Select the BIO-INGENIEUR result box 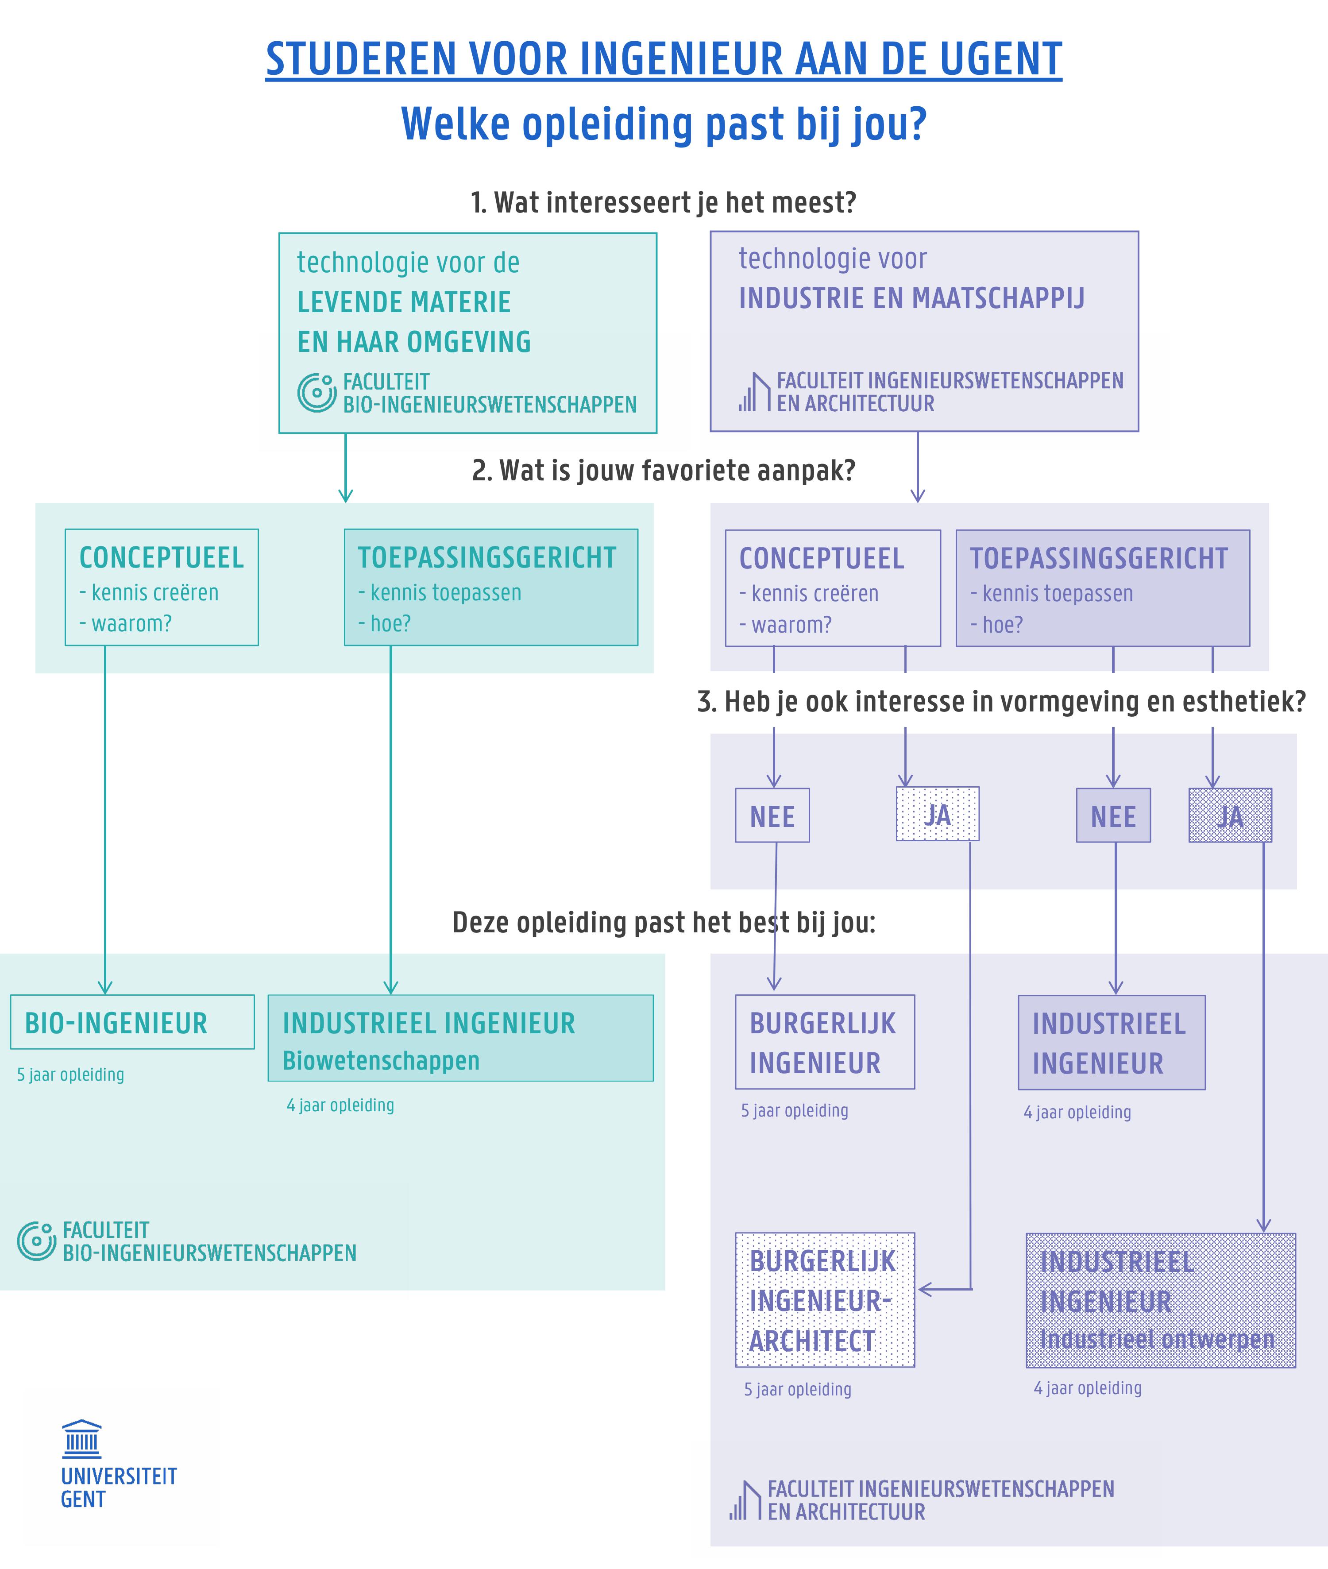tap(132, 1022)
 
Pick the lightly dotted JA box tap(937, 814)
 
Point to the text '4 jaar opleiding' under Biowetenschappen tap(340, 1105)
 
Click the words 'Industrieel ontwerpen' tap(1157, 1339)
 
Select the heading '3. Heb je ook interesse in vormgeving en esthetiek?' tap(1001, 702)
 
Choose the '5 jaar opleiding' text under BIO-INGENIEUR tap(71, 1074)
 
